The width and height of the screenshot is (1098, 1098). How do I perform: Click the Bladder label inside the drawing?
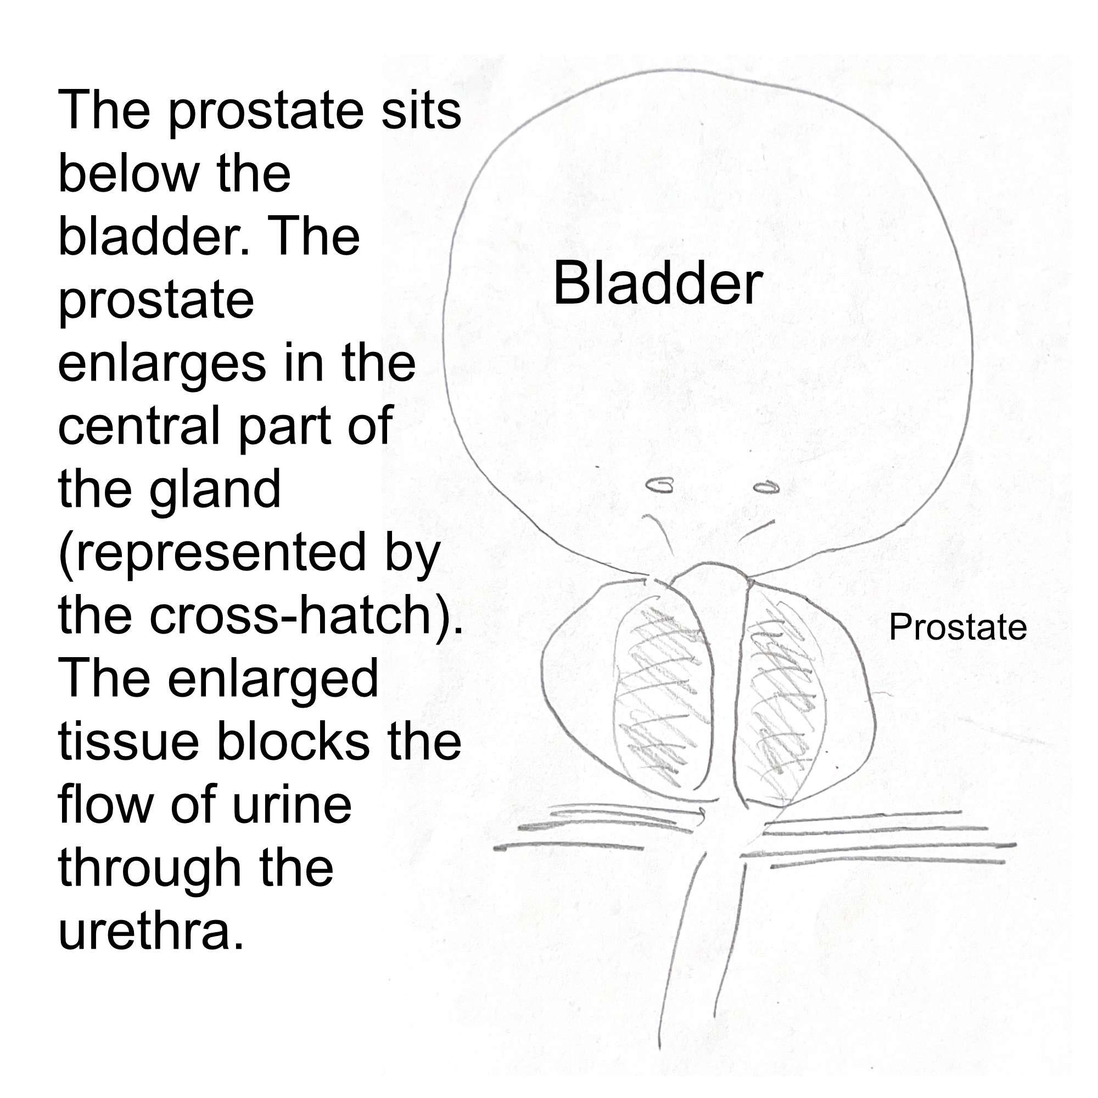(x=657, y=284)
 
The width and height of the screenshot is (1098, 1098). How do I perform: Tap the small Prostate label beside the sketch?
(x=957, y=628)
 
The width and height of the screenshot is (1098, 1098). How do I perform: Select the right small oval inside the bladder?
(x=765, y=487)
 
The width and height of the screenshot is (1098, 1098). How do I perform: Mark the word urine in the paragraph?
(x=292, y=805)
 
